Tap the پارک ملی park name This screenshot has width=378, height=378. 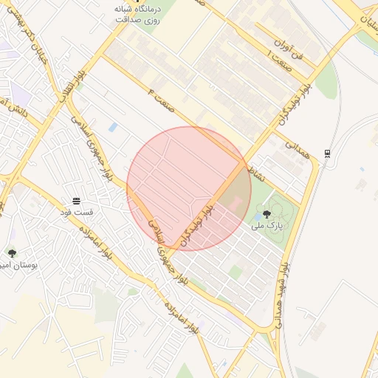click(267, 226)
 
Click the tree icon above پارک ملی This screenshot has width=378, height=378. click(267, 214)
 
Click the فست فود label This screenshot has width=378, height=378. click(76, 213)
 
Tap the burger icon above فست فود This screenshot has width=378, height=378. click(76, 201)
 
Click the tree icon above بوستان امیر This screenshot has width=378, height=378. click(12, 253)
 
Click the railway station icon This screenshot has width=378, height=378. click(327, 153)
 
